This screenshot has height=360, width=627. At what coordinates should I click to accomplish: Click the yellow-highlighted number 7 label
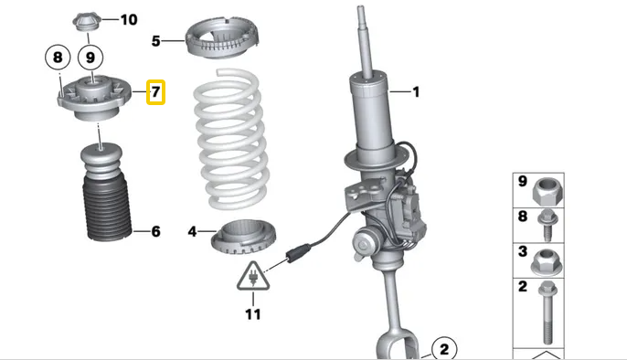pos(155,92)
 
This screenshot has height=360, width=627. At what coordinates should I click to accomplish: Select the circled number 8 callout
pos(58,58)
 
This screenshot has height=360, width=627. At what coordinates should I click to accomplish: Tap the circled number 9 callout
pos(90,58)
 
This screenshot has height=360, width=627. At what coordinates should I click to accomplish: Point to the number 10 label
pos(129,19)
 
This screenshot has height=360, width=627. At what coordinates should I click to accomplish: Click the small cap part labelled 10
pos(87,22)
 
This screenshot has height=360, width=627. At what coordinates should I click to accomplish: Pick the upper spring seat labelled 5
pos(222,38)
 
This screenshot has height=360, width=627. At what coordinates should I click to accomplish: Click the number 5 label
pos(155,41)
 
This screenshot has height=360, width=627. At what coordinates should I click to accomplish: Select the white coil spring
pos(231,139)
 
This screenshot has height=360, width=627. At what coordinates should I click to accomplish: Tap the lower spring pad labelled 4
pos(243,238)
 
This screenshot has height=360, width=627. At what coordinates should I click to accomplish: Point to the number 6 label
pos(155,231)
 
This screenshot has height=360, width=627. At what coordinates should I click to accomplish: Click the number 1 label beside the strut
pos(416,92)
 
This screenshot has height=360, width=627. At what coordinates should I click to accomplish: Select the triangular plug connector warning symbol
pos(253,277)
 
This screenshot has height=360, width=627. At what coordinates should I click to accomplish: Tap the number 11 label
pos(253,314)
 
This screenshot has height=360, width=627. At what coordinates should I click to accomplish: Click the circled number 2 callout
pos(444,349)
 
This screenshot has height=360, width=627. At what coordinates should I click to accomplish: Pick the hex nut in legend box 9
pos(547,190)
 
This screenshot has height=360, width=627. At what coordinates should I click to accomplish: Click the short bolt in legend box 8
pos(547,225)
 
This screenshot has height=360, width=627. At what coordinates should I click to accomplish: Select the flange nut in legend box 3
pos(547,261)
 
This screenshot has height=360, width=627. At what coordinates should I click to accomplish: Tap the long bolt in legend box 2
pos(547,312)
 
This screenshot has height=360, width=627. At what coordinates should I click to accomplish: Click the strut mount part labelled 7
pos(94,97)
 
